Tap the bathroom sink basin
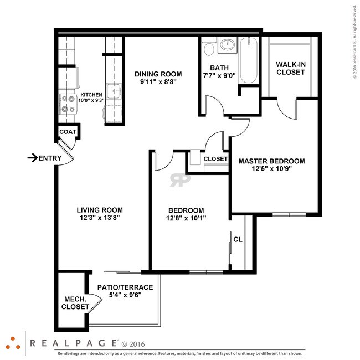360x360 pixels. point(228,44)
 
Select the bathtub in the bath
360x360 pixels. point(248,60)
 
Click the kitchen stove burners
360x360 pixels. point(67,104)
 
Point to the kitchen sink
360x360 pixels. point(114,91)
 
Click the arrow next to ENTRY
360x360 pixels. point(33,158)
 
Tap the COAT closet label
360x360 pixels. point(68,132)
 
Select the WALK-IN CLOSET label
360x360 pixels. point(291,69)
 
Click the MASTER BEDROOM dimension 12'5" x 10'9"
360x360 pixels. point(271,169)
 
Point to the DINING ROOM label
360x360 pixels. point(158,74)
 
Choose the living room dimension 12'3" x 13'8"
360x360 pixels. point(100,218)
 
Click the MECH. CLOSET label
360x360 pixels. point(75,303)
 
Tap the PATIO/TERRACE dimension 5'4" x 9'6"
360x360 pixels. point(125,295)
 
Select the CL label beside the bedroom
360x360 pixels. point(238,239)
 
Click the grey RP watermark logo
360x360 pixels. point(180,180)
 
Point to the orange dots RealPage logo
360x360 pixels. point(13,343)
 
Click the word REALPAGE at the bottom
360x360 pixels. point(74,343)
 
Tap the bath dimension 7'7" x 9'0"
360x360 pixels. point(219,75)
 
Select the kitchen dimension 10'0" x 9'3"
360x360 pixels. point(91,100)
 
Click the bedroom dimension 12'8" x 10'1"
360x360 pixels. point(186,218)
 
